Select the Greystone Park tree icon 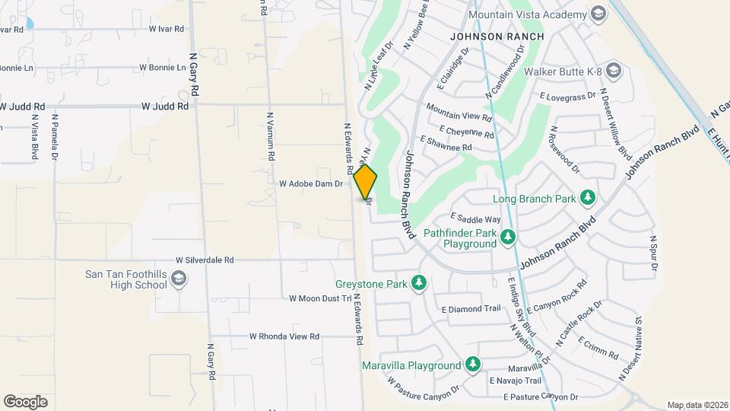[x=417, y=284]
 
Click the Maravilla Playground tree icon [x=473, y=365]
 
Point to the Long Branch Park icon [x=588, y=199]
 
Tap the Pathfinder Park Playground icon [x=509, y=238]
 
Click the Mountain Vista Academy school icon [x=598, y=14]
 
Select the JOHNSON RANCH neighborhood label [x=497, y=37]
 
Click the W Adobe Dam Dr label [x=311, y=183]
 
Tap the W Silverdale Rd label [x=204, y=260]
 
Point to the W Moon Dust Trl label [x=320, y=299]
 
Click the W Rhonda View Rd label [x=284, y=336]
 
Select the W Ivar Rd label [x=167, y=29]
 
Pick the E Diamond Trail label [x=471, y=309]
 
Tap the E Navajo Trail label [x=515, y=381]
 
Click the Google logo [x=26, y=401]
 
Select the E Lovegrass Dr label [x=569, y=97]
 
